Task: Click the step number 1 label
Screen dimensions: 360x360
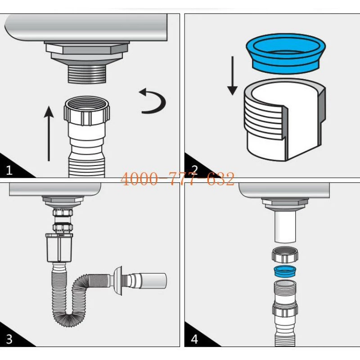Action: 9,170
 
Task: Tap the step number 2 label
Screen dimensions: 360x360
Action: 194,170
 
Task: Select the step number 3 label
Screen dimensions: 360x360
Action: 9,339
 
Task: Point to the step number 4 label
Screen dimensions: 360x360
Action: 194,339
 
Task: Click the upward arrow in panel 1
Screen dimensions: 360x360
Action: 49,133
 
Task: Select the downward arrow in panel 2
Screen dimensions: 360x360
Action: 232,76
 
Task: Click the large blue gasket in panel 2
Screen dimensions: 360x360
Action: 286,53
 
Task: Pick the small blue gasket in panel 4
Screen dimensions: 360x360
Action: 285,271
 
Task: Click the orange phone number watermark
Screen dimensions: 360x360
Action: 177,179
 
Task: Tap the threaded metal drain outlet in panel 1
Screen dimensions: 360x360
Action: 87,74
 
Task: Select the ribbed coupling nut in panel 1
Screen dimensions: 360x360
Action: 87,111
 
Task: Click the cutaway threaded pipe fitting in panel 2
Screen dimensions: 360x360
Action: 284,119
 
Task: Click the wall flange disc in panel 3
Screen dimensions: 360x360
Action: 118,281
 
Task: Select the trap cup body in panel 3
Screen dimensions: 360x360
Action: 59,248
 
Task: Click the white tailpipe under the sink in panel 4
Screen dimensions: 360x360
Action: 285,227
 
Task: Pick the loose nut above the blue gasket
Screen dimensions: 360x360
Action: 285,255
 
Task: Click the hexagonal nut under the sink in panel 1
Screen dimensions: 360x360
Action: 87,49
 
